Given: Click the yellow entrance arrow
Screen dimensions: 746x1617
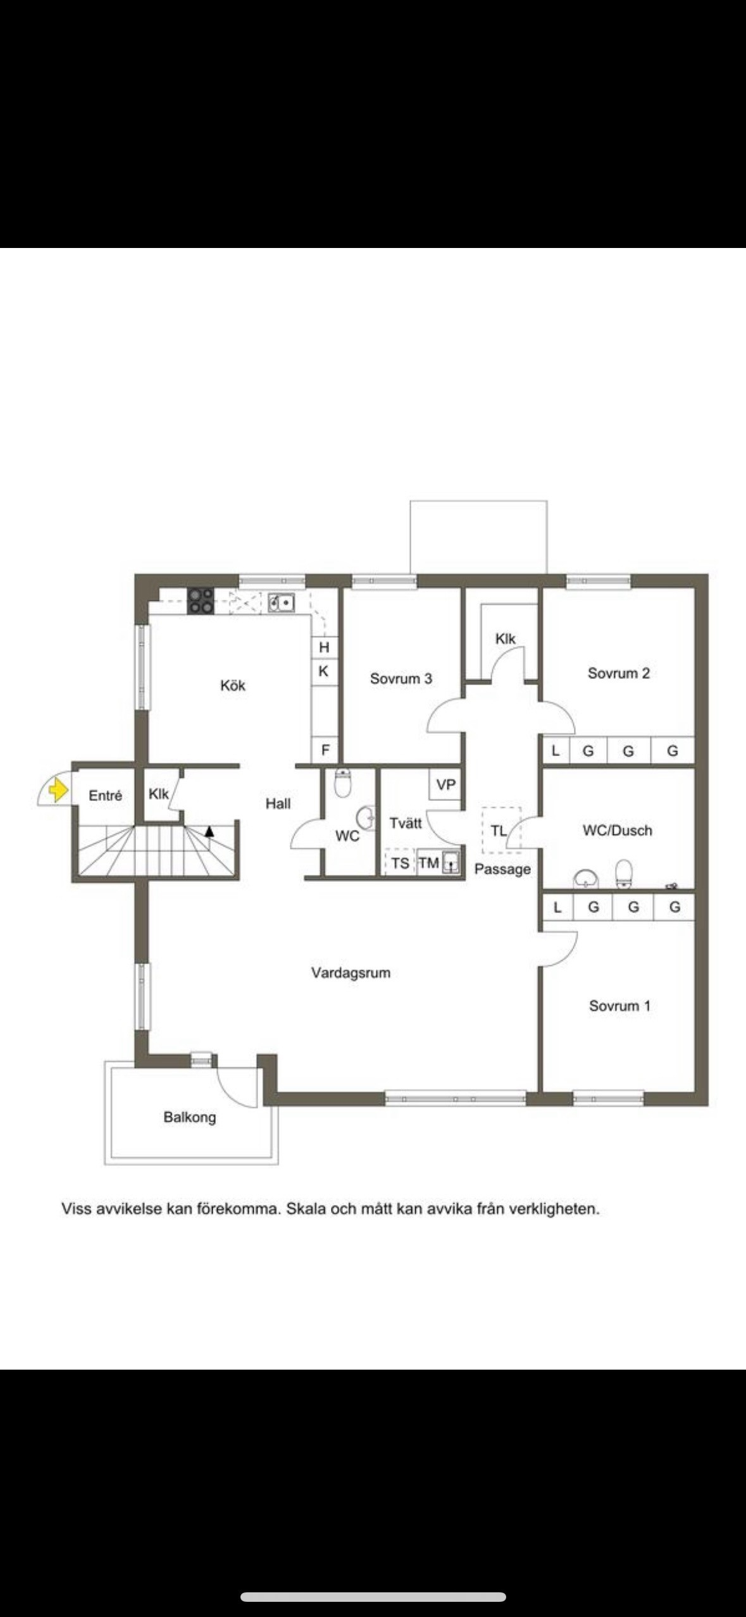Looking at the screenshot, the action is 58,790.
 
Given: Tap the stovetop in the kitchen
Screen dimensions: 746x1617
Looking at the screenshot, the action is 201,601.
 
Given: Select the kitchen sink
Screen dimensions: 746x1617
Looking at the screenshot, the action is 280,603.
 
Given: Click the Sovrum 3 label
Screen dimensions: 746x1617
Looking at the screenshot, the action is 401,679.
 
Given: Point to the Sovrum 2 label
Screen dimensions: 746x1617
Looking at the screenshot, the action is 619,673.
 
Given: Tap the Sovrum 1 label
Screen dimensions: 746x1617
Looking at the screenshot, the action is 619,1006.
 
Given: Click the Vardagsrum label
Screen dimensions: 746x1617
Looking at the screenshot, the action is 351,973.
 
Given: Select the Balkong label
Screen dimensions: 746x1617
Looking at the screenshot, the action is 190,1117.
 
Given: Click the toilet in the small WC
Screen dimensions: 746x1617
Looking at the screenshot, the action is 342,783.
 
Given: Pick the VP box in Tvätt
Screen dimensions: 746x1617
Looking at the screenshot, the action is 446,784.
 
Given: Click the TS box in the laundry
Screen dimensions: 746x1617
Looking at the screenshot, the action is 400,863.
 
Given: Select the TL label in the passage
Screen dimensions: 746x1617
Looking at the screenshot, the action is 499,831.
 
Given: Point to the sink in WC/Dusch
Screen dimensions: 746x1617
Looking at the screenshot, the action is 586,878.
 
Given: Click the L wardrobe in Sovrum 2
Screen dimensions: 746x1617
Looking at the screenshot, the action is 556,751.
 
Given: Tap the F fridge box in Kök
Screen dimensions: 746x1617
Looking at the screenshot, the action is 325,750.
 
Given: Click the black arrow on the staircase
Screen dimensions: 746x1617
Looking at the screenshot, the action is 209,831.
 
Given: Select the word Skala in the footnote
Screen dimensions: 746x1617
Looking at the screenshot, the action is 307,1209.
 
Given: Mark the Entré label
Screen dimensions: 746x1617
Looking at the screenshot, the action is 106,796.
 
